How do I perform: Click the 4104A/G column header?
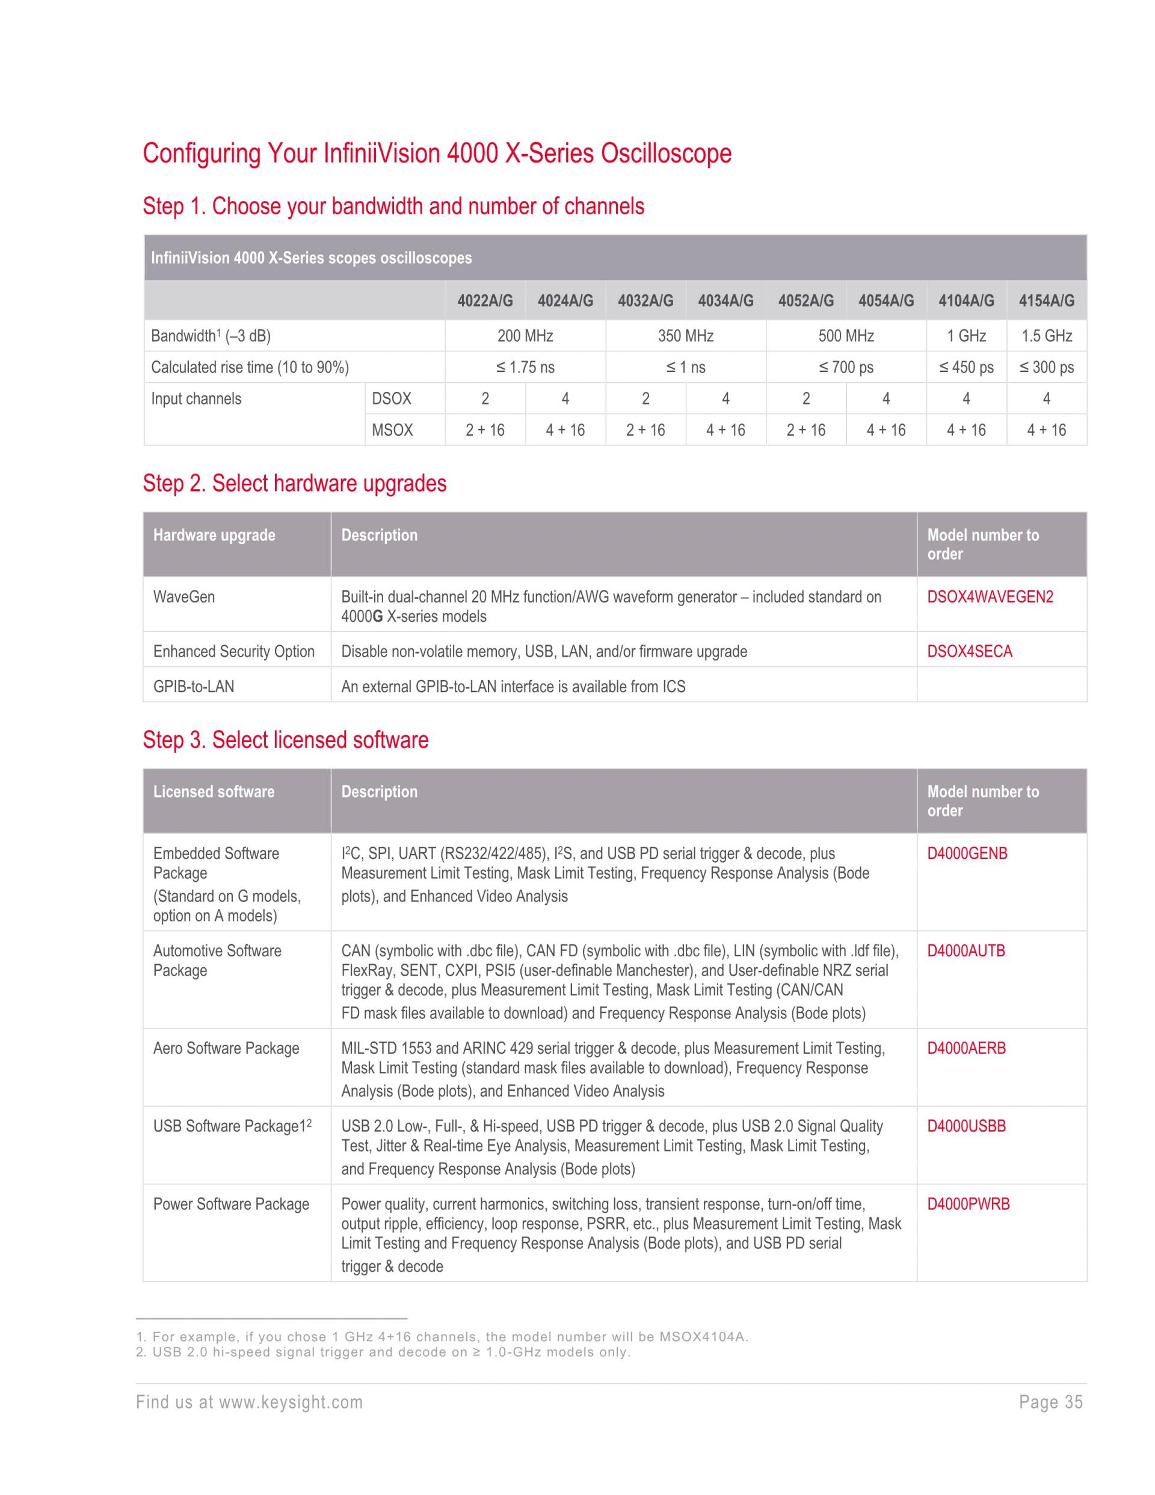click(966, 300)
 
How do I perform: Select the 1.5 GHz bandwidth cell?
click(1046, 336)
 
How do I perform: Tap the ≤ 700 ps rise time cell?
click(846, 368)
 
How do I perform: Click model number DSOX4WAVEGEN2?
click(990, 597)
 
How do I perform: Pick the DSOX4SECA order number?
click(969, 652)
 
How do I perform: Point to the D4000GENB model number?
click(967, 853)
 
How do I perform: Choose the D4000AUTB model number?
click(966, 951)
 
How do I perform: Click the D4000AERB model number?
click(966, 1048)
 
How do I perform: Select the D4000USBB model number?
click(966, 1126)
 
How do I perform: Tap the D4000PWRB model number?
click(968, 1204)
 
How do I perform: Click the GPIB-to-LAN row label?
click(194, 687)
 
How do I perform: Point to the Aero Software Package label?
click(226, 1048)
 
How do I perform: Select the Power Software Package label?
click(230, 1204)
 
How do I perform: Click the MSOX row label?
click(392, 430)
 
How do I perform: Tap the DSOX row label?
click(392, 398)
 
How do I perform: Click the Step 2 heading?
click(294, 483)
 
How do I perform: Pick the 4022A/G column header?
click(484, 300)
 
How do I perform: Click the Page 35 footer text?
click(1050, 1402)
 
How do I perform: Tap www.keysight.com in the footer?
click(290, 1402)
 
